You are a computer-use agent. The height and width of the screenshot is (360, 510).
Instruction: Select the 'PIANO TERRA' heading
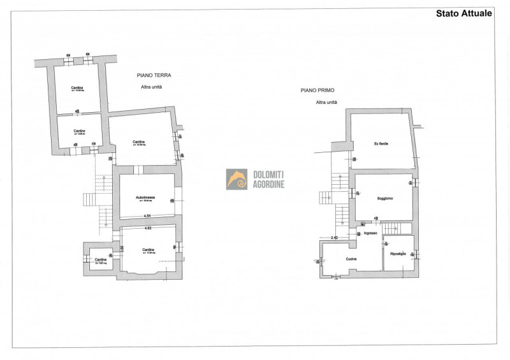pos(154,75)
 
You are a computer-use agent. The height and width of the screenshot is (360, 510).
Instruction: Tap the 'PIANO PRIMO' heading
pos(318,91)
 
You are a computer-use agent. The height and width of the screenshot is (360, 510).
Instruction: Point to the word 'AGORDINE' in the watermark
pos(269,184)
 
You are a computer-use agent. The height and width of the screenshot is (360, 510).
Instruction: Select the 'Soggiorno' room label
pos(384,199)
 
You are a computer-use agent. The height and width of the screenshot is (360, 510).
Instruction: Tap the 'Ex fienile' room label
pos(381,144)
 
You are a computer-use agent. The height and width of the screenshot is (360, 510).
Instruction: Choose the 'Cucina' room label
pos(351,259)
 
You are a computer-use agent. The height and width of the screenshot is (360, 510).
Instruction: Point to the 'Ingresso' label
pos(371,233)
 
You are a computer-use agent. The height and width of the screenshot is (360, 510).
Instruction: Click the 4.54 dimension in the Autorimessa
pos(147,216)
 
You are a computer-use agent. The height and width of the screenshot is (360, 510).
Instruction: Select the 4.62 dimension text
pos(147,227)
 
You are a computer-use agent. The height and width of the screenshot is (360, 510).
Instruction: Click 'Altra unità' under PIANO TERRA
pos(152,87)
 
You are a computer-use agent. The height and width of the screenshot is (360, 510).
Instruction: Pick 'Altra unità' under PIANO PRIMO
pos(326,103)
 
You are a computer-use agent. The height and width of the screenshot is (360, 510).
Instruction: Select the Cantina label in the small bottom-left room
pos(101,259)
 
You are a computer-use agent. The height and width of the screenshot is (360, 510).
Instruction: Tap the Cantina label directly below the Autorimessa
pos(148,249)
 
